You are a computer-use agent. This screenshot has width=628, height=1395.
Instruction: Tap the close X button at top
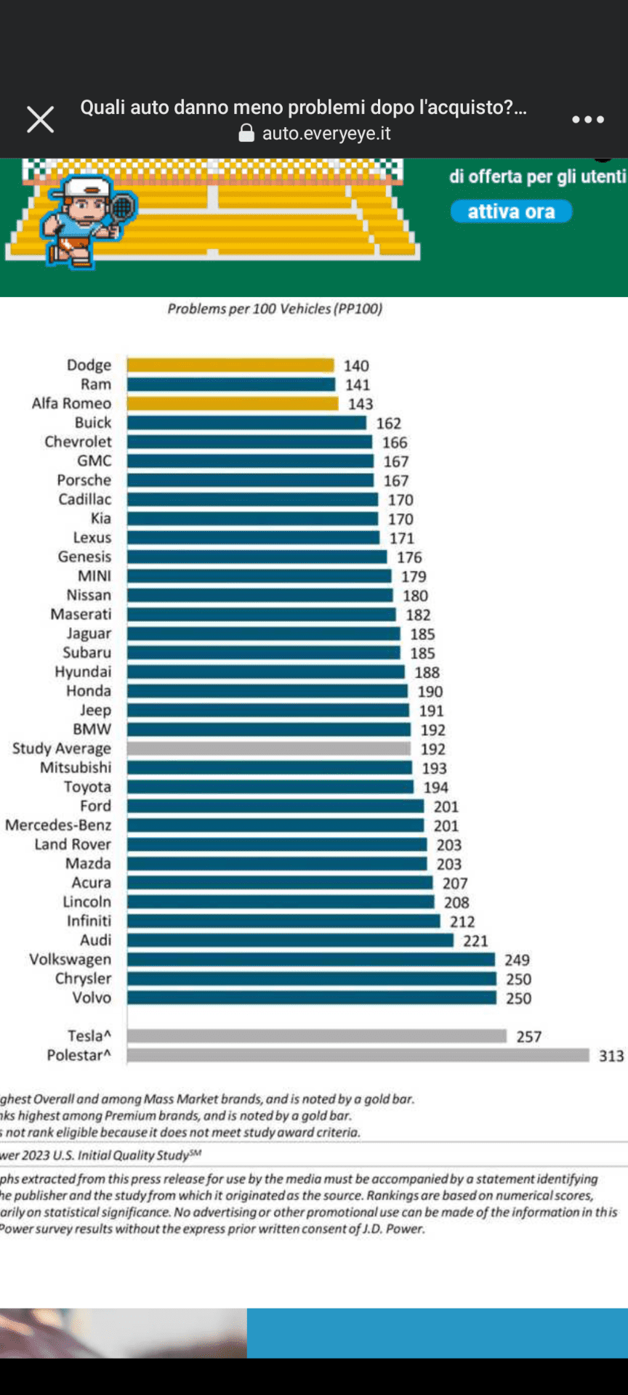41,120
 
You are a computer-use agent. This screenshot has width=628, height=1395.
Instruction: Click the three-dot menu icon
587,120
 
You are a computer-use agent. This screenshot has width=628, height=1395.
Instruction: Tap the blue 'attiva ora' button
511,211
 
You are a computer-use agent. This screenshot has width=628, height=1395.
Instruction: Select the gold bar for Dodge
230,365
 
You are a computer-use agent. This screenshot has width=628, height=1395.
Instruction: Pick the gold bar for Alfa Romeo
233,403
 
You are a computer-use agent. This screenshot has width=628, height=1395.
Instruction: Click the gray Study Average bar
269,748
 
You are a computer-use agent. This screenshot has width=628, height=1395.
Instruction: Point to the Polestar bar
358,1055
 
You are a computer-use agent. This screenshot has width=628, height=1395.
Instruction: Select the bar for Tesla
316,1036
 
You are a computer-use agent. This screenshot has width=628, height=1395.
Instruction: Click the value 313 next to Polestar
611,1056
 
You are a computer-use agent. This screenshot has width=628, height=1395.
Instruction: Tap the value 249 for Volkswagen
517,960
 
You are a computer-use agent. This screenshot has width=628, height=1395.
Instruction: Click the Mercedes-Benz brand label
58,825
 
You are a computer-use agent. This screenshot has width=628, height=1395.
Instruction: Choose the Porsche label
84,480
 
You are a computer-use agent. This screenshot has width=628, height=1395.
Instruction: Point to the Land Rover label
73,844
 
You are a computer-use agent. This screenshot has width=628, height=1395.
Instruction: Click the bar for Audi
290,940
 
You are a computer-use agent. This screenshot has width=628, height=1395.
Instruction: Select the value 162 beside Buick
389,423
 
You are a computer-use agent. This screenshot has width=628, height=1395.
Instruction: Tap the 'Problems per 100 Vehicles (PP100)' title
275,309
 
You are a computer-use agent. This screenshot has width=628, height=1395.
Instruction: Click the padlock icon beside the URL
246,133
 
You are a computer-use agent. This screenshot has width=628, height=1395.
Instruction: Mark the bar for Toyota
270,787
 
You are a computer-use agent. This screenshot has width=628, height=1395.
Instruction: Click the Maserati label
81,615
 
